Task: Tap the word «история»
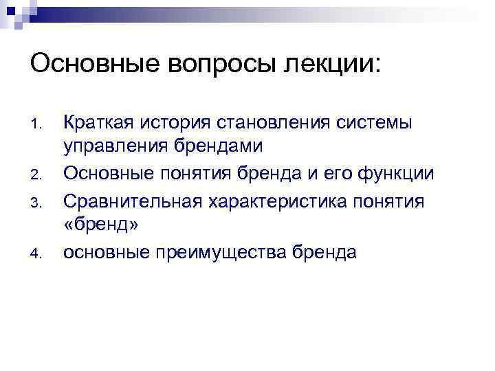[176, 123]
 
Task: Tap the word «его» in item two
[339, 174]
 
